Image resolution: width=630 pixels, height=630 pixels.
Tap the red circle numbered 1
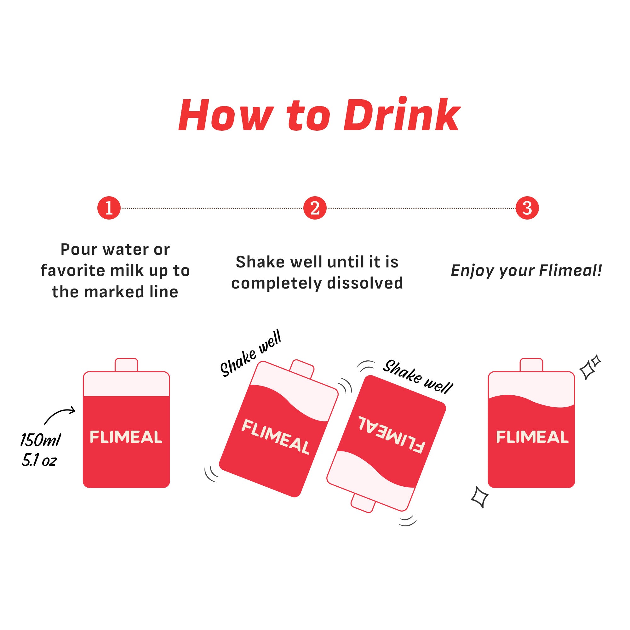(109, 208)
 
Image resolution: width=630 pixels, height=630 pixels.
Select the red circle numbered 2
(315, 208)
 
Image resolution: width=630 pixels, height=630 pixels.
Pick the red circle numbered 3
(527, 208)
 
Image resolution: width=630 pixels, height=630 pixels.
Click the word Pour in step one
(79, 249)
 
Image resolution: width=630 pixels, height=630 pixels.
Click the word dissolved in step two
(365, 283)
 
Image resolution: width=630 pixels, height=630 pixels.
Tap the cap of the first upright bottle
(127, 365)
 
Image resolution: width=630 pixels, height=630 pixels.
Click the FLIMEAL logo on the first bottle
(126, 437)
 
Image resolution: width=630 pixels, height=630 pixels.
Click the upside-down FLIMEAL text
(392, 435)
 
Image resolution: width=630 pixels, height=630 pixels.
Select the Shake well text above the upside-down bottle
(418, 377)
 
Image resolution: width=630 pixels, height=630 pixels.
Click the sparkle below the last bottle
(480, 506)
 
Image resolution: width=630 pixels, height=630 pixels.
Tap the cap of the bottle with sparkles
(531, 365)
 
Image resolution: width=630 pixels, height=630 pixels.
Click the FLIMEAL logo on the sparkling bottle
(532, 437)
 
